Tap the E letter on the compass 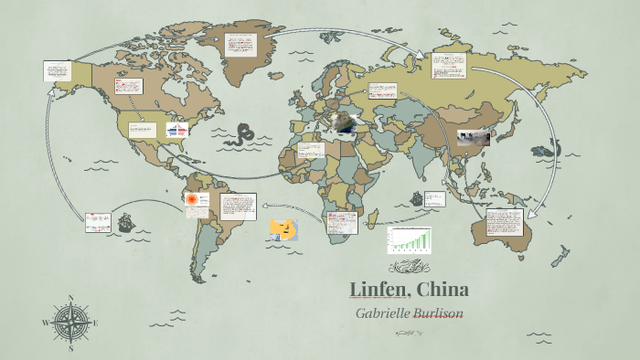tap(96, 323)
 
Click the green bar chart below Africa tap(409, 238)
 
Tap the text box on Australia tap(506, 224)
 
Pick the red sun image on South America tap(192, 199)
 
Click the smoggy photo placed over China tap(473, 138)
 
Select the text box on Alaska tap(57, 70)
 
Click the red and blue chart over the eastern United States tap(176, 131)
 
